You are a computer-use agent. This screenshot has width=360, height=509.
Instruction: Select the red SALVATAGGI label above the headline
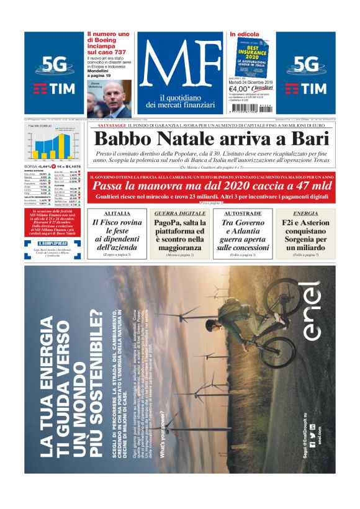[107, 126]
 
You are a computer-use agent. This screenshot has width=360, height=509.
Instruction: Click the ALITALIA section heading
[116, 213]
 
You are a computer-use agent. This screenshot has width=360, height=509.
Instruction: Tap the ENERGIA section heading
[305, 213]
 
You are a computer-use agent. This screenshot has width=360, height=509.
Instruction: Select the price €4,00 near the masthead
[240, 89]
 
